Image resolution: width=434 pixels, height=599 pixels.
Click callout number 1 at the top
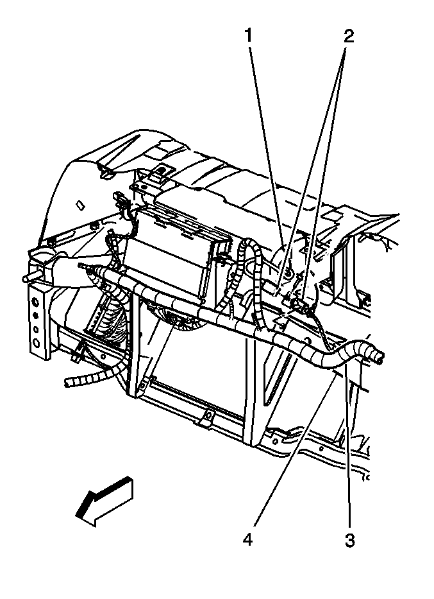point(248,37)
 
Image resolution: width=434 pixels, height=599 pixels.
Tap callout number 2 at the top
point(348,37)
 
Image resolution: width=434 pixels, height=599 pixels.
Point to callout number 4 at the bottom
point(248,540)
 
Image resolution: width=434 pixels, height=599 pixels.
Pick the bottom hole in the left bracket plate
point(36,343)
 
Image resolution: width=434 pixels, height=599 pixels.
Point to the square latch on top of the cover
point(162,170)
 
